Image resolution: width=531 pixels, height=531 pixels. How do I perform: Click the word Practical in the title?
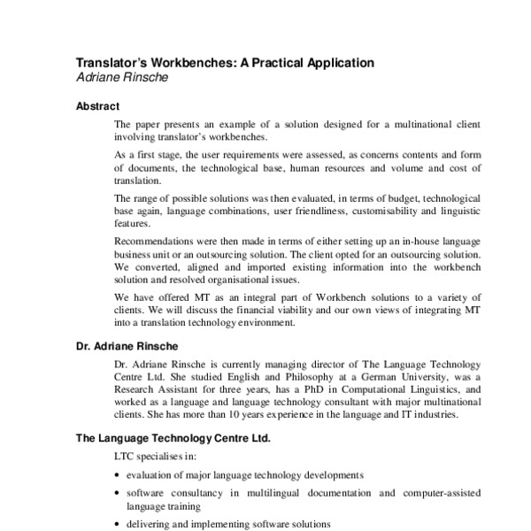click(271, 63)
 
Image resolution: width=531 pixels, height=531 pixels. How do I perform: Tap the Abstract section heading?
click(97, 106)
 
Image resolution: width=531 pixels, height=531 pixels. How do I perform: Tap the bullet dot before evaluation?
click(119, 475)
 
